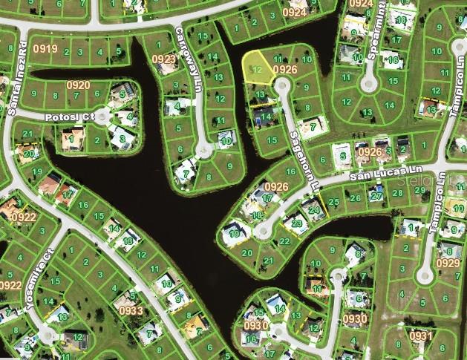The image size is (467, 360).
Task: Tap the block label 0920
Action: [x=78, y=85]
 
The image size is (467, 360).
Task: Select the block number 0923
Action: [x=164, y=59]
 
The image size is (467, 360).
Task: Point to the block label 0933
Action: [x=131, y=310]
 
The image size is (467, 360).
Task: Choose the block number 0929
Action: [x=448, y=264]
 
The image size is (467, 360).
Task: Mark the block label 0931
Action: [x=420, y=336]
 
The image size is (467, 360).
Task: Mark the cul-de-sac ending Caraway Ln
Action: [x=200, y=151]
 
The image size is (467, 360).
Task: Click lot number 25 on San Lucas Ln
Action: [x=335, y=200]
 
